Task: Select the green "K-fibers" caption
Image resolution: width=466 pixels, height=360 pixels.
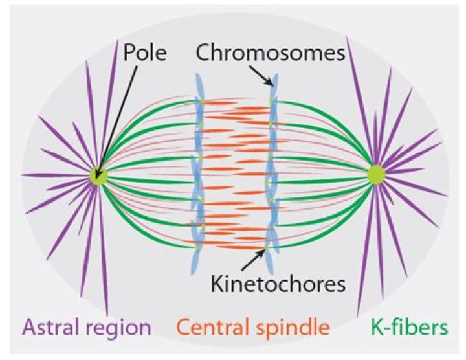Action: click(405, 328)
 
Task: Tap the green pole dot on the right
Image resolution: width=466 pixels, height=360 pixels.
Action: click(375, 174)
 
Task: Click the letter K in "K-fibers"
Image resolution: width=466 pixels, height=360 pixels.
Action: click(367, 328)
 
